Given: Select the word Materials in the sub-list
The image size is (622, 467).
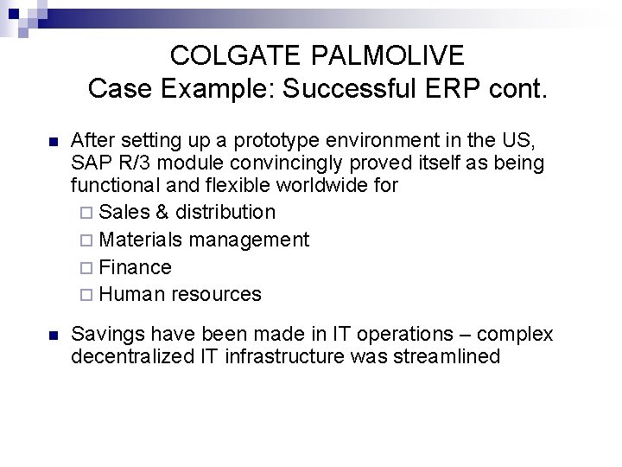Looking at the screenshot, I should (x=140, y=240).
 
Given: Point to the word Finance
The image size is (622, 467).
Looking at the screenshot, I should (x=136, y=267).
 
